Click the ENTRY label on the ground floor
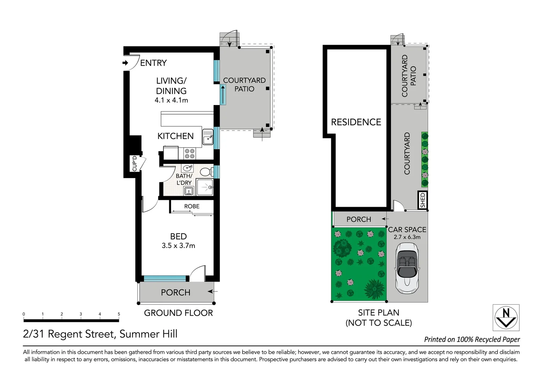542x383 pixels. [x=153, y=63]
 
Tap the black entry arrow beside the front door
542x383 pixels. [x=125, y=63]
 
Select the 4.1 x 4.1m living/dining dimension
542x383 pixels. [x=171, y=100]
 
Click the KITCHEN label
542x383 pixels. [x=176, y=136]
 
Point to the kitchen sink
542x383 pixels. [x=208, y=137]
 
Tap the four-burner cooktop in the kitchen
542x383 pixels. [x=190, y=154]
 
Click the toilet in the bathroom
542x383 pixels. [x=206, y=172]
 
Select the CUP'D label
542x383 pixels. [x=134, y=163]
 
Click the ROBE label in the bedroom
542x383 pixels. [x=192, y=206]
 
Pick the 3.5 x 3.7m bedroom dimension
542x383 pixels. [x=178, y=246]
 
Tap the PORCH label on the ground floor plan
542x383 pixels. [x=176, y=293]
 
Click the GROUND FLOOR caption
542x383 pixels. [x=178, y=313]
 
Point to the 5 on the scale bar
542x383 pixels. [x=119, y=314]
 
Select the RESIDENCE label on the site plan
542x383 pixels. [x=356, y=122]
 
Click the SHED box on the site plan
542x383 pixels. [x=422, y=200]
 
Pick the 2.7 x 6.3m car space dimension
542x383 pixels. [x=407, y=237]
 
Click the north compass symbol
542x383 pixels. [x=506, y=317]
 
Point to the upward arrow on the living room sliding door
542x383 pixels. [x=223, y=95]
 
